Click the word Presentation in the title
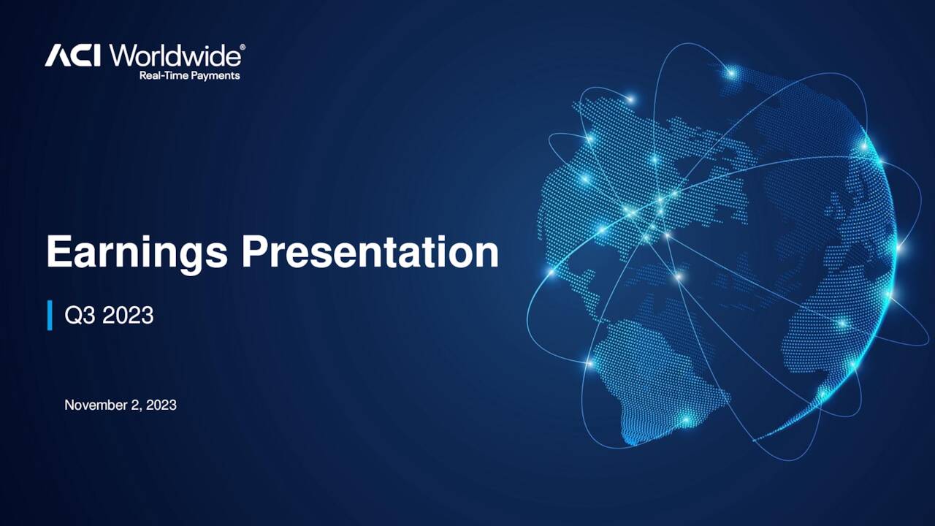pyautogui.click(x=370, y=252)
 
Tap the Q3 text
pyautogui.click(x=80, y=316)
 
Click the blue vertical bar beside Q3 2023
pyautogui.click(x=50, y=315)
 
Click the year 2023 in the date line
pyautogui.click(x=161, y=405)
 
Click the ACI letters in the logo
pyautogui.click(x=73, y=56)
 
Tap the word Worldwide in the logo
pyautogui.click(x=175, y=56)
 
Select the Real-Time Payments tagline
pyautogui.click(x=189, y=75)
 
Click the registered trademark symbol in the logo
pyautogui.click(x=243, y=47)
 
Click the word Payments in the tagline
pyautogui.click(x=216, y=75)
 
